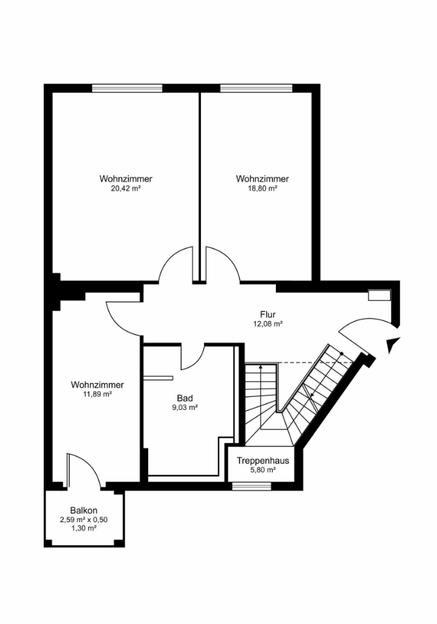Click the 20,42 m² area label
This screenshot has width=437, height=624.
pos(126,189)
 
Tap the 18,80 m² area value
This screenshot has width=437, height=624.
pos(262,189)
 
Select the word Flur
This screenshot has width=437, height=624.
pos(267,315)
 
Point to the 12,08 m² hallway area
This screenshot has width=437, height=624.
pos(267,324)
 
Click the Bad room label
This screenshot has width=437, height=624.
pos(185,398)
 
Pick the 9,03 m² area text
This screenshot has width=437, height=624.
pos(185,407)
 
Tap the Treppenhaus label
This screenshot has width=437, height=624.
pos(263,461)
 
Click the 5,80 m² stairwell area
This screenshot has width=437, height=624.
pos(263,470)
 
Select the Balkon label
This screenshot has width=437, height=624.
pos(83,510)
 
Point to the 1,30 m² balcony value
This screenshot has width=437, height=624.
pos(83,529)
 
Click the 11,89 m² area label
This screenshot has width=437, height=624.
pos(97,394)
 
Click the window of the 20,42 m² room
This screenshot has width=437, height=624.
pos(127,88)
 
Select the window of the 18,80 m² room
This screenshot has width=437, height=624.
pos(256,88)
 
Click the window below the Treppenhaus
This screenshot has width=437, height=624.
pos(251,486)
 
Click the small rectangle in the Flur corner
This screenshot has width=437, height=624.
pos(380,295)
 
